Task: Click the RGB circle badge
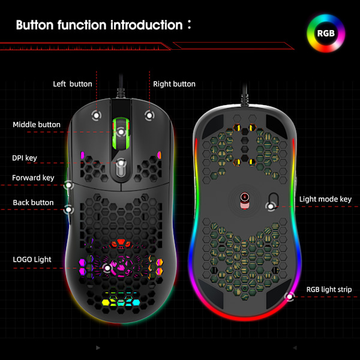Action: tap(326, 33)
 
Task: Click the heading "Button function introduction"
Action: tap(99, 25)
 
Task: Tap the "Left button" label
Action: tap(73, 84)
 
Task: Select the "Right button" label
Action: tap(174, 84)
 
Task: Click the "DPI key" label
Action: tap(25, 158)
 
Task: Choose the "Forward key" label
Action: tap(33, 178)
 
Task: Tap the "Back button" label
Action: tap(33, 203)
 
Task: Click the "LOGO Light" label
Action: tap(32, 260)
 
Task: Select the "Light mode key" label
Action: tap(325, 199)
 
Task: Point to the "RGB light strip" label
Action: tap(329, 289)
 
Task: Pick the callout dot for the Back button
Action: tap(69, 209)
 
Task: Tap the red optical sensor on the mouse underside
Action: tap(245, 197)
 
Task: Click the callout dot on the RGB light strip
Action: tap(290, 295)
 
